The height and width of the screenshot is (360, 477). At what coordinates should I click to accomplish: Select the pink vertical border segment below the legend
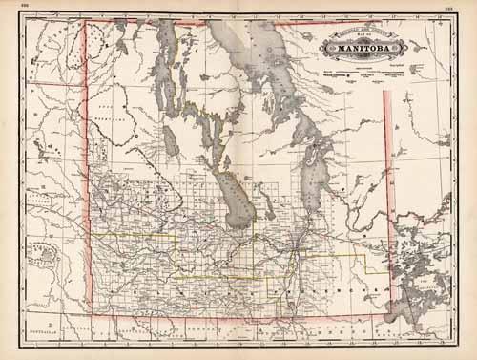386,134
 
